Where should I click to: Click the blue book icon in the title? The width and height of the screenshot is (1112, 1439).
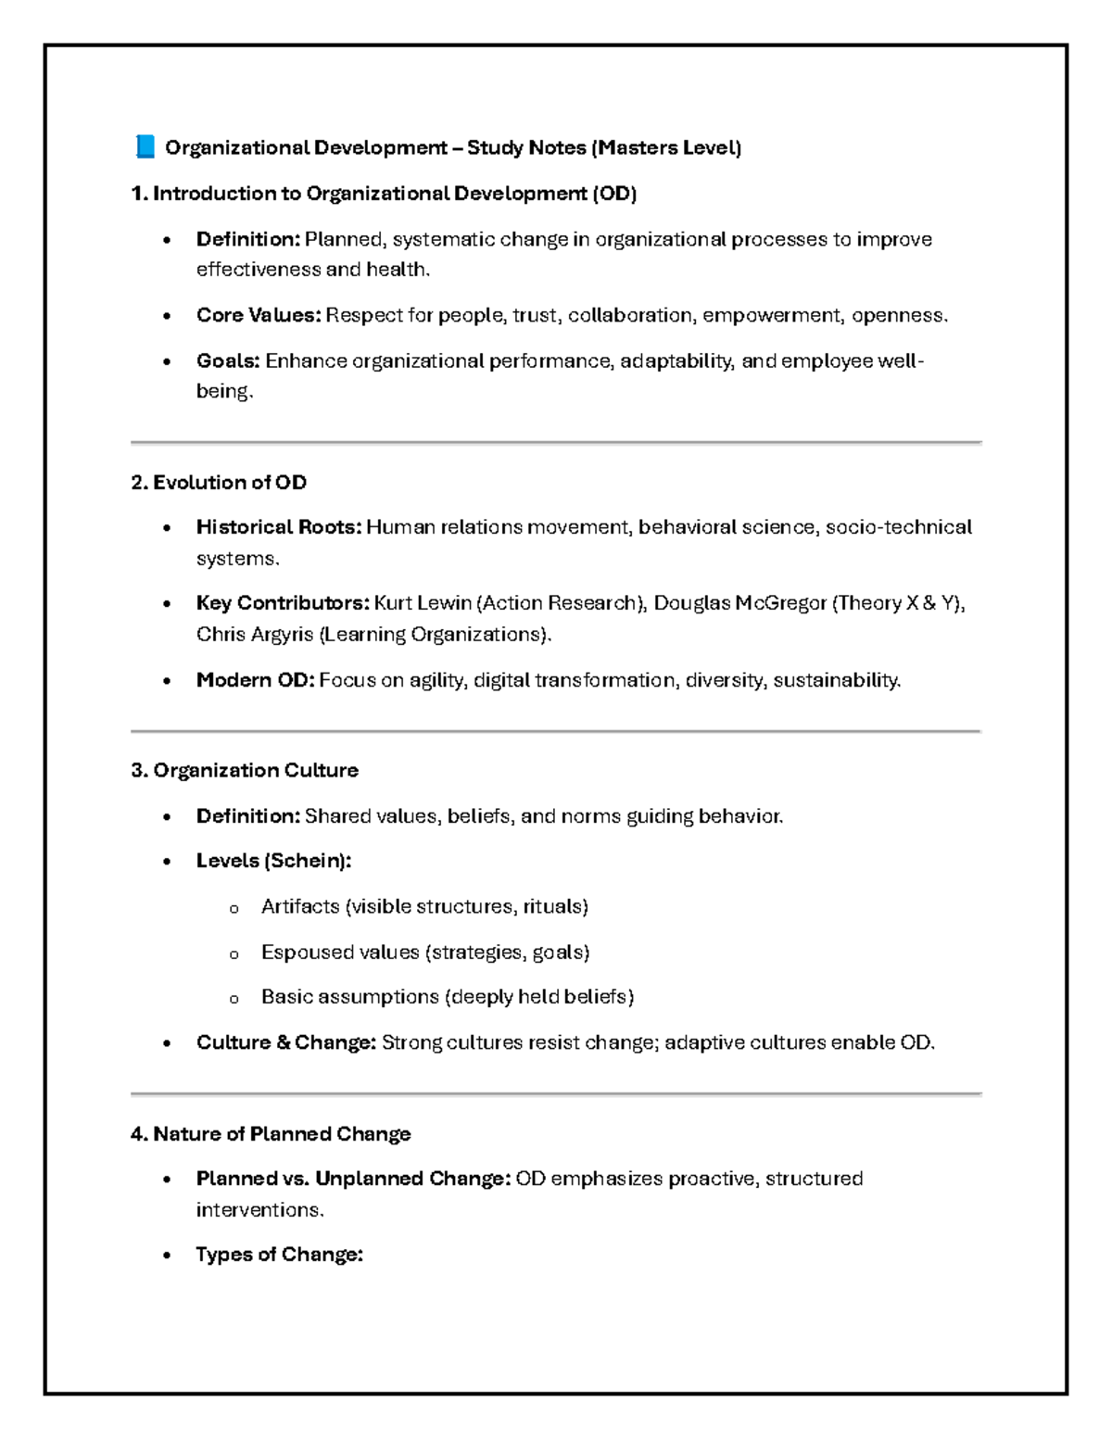pos(145,146)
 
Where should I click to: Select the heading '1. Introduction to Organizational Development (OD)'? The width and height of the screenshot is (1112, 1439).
pos(384,194)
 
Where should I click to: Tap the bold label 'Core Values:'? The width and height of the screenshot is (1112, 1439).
pos(259,315)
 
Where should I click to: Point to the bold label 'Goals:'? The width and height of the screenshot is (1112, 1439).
pos(228,360)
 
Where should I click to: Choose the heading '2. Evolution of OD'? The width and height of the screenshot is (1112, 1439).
pos(219,482)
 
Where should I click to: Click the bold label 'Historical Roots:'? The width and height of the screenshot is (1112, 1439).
pos(278,527)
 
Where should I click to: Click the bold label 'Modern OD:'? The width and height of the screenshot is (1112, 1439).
pos(255,680)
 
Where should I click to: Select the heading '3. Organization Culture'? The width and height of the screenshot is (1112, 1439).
pos(245,770)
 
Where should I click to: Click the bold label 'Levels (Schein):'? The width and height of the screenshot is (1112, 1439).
pos(273,861)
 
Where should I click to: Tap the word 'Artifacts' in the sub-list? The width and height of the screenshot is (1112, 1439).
pos(300,906)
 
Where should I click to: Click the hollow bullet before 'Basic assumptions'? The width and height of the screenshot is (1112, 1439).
pos(234,999)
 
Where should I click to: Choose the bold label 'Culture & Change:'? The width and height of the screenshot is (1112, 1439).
pos(285,1042)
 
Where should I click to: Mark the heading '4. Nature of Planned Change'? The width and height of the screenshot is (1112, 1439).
pos(271,1134)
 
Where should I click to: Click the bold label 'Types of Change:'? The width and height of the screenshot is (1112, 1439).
pos(279,1255)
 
